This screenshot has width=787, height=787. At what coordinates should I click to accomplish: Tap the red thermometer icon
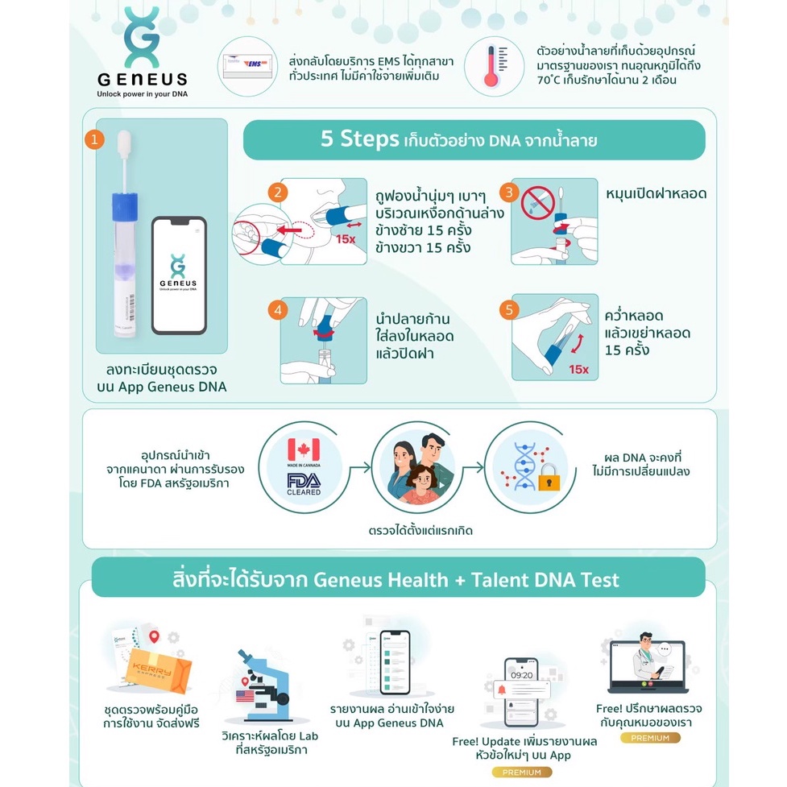coord(491,66)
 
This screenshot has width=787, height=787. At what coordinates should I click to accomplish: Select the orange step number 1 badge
coord(95,140)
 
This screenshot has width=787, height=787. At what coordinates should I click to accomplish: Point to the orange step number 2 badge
coord(276,192)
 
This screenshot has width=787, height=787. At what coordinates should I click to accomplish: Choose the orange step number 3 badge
coord(508,192)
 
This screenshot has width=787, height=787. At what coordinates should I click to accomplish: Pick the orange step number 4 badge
coord(276,309)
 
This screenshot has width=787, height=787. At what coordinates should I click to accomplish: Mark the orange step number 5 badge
coord(508,309)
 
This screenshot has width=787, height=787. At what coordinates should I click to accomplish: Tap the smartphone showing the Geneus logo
coord(179,275)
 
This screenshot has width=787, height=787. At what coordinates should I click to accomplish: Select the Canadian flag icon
coord(304,449)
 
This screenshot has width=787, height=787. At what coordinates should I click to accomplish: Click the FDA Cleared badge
coord(304,483)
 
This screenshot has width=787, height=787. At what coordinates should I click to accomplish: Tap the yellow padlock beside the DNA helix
coord(550,481)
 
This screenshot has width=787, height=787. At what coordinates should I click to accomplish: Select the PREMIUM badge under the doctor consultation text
coord(651,738)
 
